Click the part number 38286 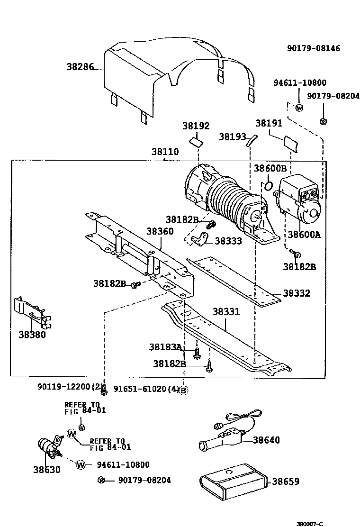(x=80, y=66)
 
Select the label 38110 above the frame (x=165, y=152)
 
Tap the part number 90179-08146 (x=313, y=48)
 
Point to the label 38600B (x=270, y=168)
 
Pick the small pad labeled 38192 (x=197, y=141)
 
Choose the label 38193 (x=233, y=136)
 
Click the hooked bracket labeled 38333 (x=199, y=240)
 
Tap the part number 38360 (x=160, y=231)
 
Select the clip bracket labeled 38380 (x=33, y=313)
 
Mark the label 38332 (x=296, y=293)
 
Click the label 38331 (x=226, y=311)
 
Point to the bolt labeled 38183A (x=197, y=353)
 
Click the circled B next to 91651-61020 (x=183, y=390)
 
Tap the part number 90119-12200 (x=64, y=387)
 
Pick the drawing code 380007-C (x=309, y=524)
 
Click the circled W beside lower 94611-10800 (x=81, y=465)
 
